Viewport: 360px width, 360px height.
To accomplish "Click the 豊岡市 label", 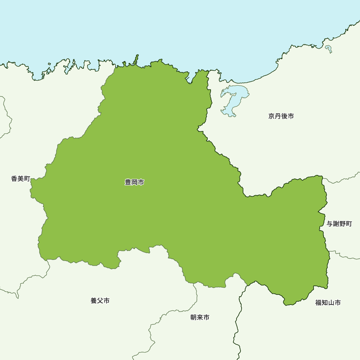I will [x=134, y=183].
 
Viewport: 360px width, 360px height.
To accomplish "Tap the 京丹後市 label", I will [x=281, y=116].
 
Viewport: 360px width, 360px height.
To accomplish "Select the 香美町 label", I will [x=21, y=179].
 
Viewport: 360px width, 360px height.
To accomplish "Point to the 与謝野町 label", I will [x=339, y=224].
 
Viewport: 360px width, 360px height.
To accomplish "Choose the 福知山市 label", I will [x=328, y=303].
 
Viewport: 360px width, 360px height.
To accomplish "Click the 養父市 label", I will [x=100, y=301].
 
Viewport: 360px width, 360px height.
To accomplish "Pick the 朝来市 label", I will [x=200, y=318].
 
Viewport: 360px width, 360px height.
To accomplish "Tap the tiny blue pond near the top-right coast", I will [x=328, y=48].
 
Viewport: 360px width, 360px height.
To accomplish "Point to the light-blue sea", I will [x=180, y=29].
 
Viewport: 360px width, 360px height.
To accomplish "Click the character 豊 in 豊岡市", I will [x=128, y=183].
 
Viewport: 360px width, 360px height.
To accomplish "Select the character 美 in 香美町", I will [x=21, y=179].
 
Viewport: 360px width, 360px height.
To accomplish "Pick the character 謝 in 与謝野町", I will [x=336, y=224].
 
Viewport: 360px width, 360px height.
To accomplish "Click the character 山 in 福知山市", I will [x=331, y=303].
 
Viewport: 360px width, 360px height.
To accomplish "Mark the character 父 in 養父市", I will [x=100, y=301].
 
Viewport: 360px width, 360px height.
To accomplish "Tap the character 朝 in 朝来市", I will [x=193, y=318].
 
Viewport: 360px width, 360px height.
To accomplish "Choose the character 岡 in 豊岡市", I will [x=134, y=183].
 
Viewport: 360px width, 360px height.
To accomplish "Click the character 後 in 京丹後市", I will [x=284, y=116].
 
